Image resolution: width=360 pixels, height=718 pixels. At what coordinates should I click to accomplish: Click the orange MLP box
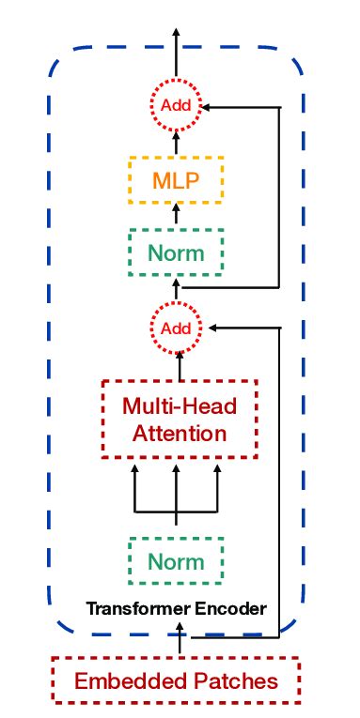point(176,179)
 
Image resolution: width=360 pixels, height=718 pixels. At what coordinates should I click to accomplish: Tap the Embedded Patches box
point(176,680)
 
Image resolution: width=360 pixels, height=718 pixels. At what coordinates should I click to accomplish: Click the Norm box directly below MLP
point(176,252)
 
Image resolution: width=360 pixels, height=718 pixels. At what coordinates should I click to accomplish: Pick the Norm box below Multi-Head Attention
point(176,561)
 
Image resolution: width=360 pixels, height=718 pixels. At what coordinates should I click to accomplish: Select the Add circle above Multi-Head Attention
point(176,328)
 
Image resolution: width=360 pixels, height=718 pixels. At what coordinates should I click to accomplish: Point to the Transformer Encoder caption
point(176,609)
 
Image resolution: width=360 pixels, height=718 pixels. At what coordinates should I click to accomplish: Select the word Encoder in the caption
point(232,609)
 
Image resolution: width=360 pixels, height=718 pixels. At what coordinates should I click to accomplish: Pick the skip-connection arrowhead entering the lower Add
point(212,328)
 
